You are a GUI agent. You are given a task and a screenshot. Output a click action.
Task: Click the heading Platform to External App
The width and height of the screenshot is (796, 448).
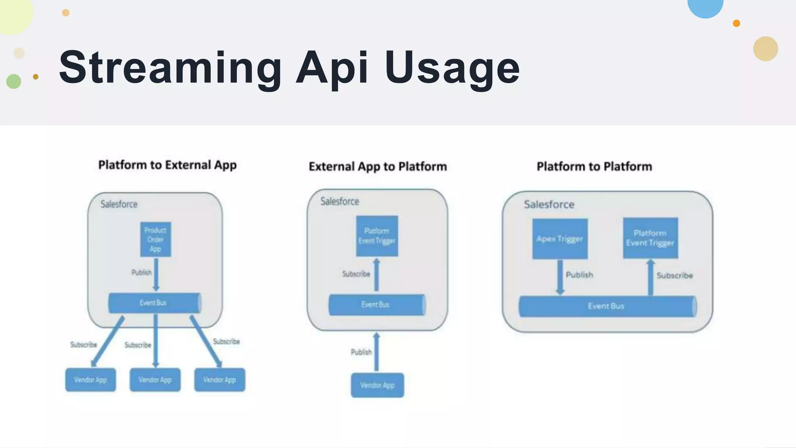point(167,165)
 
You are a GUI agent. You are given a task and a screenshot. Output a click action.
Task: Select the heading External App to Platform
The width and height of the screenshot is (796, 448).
point(377,167)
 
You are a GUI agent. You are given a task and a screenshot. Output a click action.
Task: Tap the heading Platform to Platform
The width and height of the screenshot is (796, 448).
point(594,167)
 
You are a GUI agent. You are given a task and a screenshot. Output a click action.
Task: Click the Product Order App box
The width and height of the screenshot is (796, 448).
point(155,239)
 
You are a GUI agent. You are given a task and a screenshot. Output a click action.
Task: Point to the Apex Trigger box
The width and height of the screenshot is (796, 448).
point(560,239)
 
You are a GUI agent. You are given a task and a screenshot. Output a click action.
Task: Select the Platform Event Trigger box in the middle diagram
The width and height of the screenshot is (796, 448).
point(377,236)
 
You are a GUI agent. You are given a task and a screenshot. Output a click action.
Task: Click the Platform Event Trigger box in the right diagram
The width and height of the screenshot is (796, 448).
point(650,238)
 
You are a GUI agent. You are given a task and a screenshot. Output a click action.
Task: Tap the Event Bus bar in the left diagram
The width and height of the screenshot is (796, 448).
point(154,303)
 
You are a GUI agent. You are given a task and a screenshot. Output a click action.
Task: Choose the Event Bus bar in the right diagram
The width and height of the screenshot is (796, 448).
point(607,306)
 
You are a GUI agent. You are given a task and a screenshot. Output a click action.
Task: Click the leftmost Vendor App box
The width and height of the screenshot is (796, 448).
point(90,380)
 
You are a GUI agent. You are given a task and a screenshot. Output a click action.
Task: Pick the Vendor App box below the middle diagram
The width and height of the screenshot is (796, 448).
point(377,385)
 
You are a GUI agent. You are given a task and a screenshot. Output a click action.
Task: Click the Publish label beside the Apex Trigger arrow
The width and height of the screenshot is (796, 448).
point(579,275)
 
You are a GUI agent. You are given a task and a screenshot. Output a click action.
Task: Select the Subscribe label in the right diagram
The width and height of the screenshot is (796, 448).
point(674,276)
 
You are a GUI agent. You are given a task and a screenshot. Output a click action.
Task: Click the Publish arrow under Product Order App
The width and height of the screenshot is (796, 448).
point(156,274)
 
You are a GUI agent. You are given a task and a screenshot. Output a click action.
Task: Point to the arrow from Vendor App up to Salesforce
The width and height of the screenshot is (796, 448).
point(376,352)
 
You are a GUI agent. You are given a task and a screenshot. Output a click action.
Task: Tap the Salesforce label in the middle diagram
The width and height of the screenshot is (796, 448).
point(339,201)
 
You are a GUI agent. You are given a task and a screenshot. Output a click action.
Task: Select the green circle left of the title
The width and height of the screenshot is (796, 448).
point(14,81)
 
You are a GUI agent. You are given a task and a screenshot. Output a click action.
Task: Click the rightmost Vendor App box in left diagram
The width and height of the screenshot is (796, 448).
point(220,380)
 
